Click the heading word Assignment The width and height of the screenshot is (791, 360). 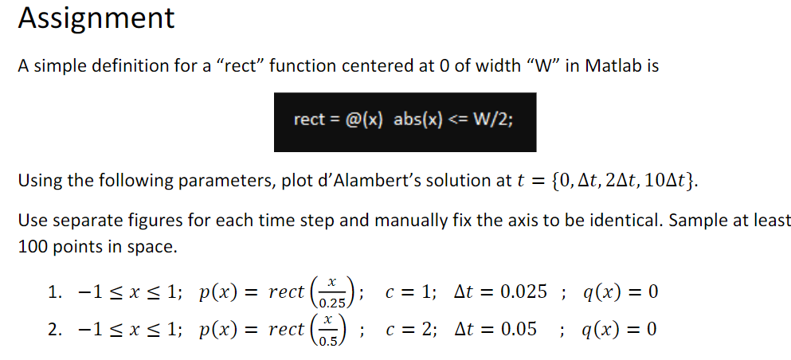pyautogui.click(x=96, y=18)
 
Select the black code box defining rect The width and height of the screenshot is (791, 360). pyautogui.click(x=405, y=122)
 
